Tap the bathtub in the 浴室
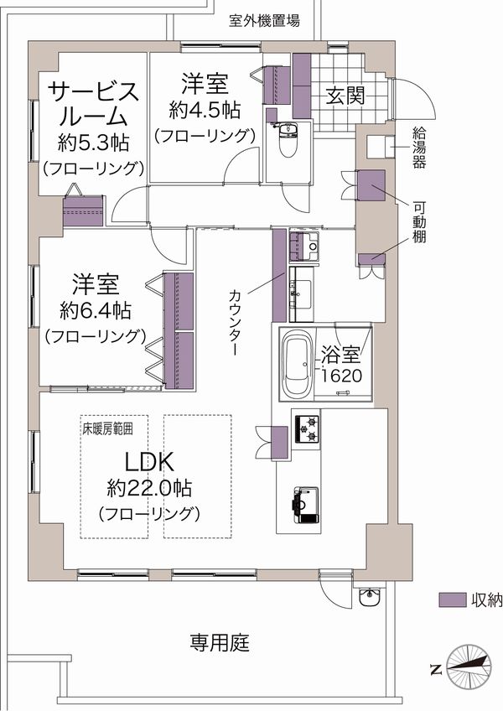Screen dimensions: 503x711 [297, 364]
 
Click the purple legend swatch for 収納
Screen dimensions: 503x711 [452, 599]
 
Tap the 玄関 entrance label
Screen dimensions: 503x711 [345, 96]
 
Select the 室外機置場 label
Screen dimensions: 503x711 [264, 20]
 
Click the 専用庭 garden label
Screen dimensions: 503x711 [220, 642]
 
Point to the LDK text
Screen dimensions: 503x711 [149, 463]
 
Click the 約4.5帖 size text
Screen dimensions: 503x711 [205, 110]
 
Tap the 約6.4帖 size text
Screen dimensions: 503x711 [96, 311]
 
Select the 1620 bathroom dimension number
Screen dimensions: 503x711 [341, 376]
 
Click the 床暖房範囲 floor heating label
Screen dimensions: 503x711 [107, 429]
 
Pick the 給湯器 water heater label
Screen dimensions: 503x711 [418, 148]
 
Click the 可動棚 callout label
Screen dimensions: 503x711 [418, 222]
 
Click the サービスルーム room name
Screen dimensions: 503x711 [93, 104]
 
